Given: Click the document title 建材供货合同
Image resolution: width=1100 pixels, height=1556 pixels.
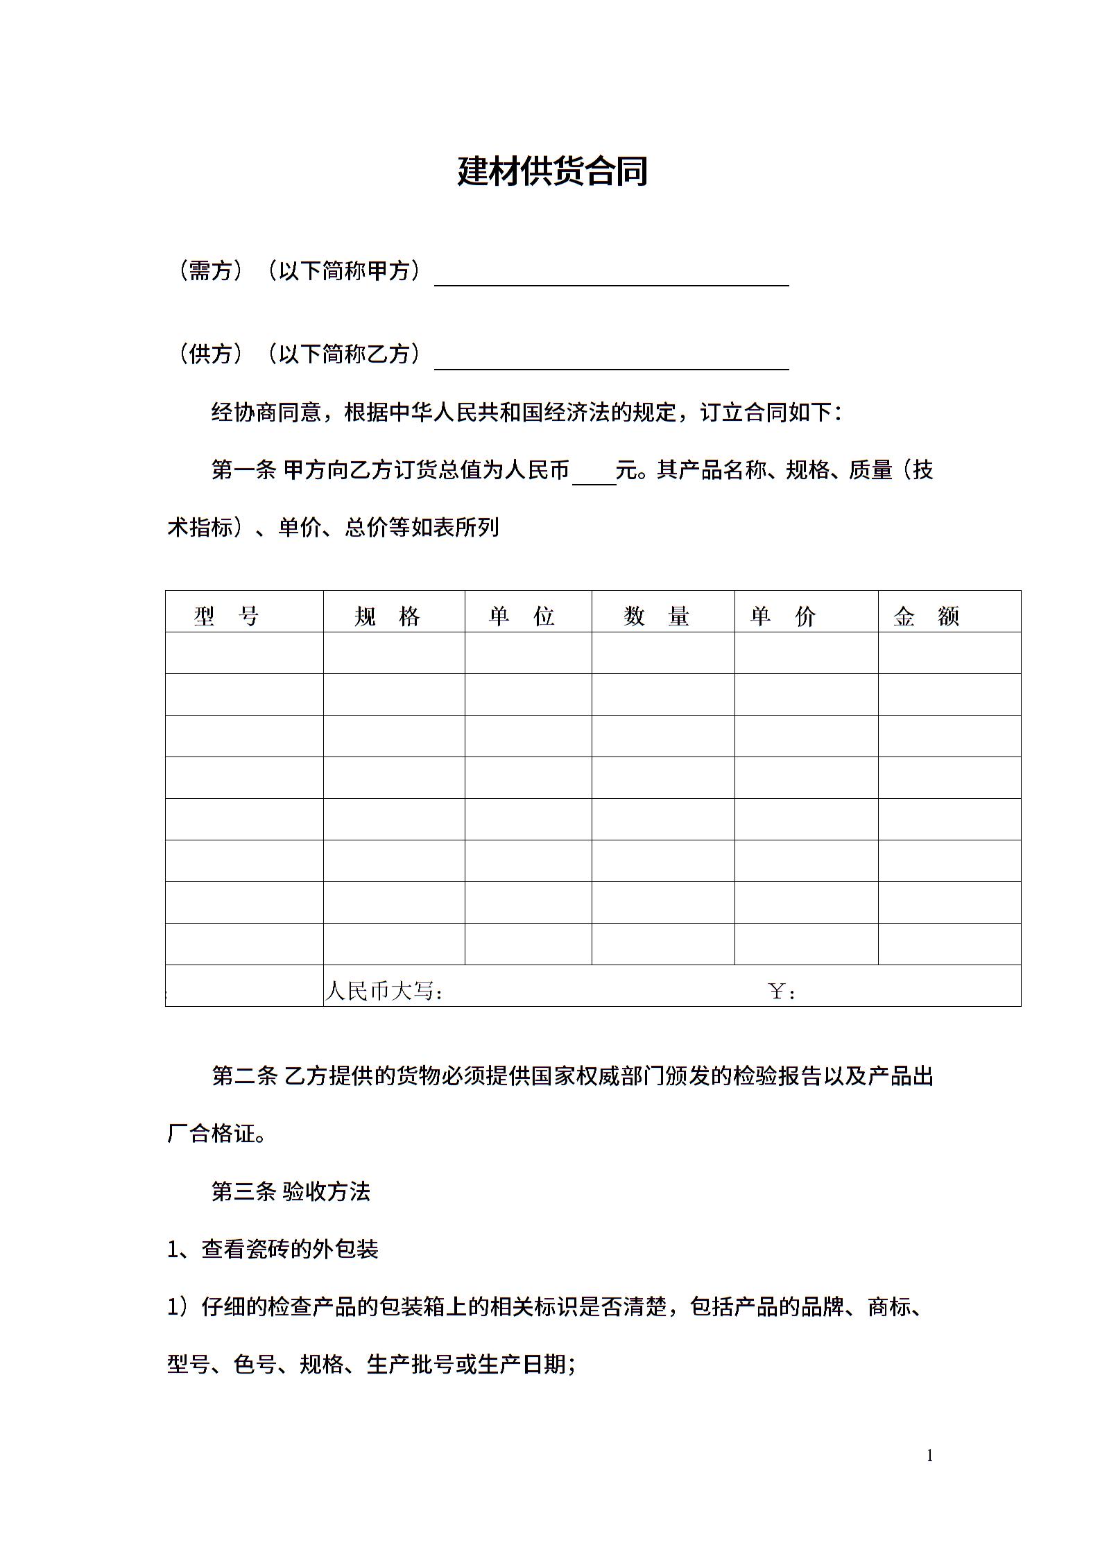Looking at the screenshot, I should coord(552,171).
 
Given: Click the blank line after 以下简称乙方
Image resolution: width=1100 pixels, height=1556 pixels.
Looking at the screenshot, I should coord(611,361).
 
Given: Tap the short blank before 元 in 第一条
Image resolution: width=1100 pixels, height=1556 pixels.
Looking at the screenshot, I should coord(594,475).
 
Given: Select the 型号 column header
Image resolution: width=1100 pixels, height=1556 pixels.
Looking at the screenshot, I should coord(226,616).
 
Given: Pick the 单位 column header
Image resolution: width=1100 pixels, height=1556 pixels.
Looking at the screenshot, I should coord(522,616).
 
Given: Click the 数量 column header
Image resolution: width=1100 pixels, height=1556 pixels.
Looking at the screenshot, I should coord(656,616).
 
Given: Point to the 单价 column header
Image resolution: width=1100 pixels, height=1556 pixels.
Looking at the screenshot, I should coord(783,616).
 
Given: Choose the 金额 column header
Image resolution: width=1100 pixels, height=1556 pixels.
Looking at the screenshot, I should coord(926,616).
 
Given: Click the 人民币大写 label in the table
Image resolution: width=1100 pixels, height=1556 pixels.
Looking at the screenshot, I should coord(384,991).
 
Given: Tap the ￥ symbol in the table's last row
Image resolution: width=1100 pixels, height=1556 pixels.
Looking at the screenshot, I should coord(777,992).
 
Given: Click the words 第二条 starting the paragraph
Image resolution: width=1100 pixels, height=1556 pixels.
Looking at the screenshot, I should coord(244,1076).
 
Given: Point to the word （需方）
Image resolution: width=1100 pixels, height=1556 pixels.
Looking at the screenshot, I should coord(209,270).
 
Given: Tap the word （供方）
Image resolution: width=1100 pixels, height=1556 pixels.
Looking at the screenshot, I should coord(209,354).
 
